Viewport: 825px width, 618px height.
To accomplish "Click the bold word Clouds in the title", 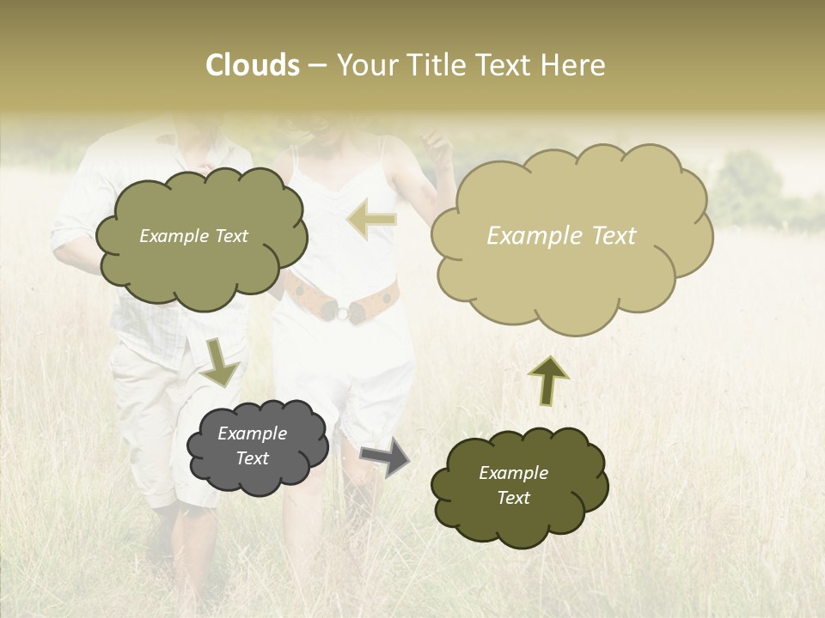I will [x=253, y=65].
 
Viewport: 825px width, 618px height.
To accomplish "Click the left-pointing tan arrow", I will [x=371, y=219].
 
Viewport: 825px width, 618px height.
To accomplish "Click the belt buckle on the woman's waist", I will [x=342, y=312].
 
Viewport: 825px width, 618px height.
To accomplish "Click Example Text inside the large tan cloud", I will [x=561, y=235].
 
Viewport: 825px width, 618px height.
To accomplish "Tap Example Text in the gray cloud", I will [x=253, y=445].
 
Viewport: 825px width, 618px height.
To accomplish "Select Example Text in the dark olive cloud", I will [x=513, y=485].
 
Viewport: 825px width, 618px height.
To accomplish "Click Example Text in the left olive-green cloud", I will [x=193, y=236].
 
